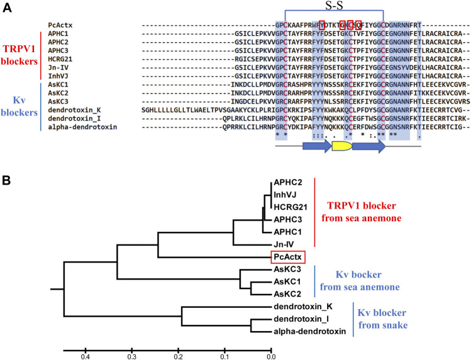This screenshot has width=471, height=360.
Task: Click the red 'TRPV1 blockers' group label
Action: point(19,55)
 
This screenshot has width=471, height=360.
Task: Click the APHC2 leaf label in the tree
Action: point(286,183)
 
